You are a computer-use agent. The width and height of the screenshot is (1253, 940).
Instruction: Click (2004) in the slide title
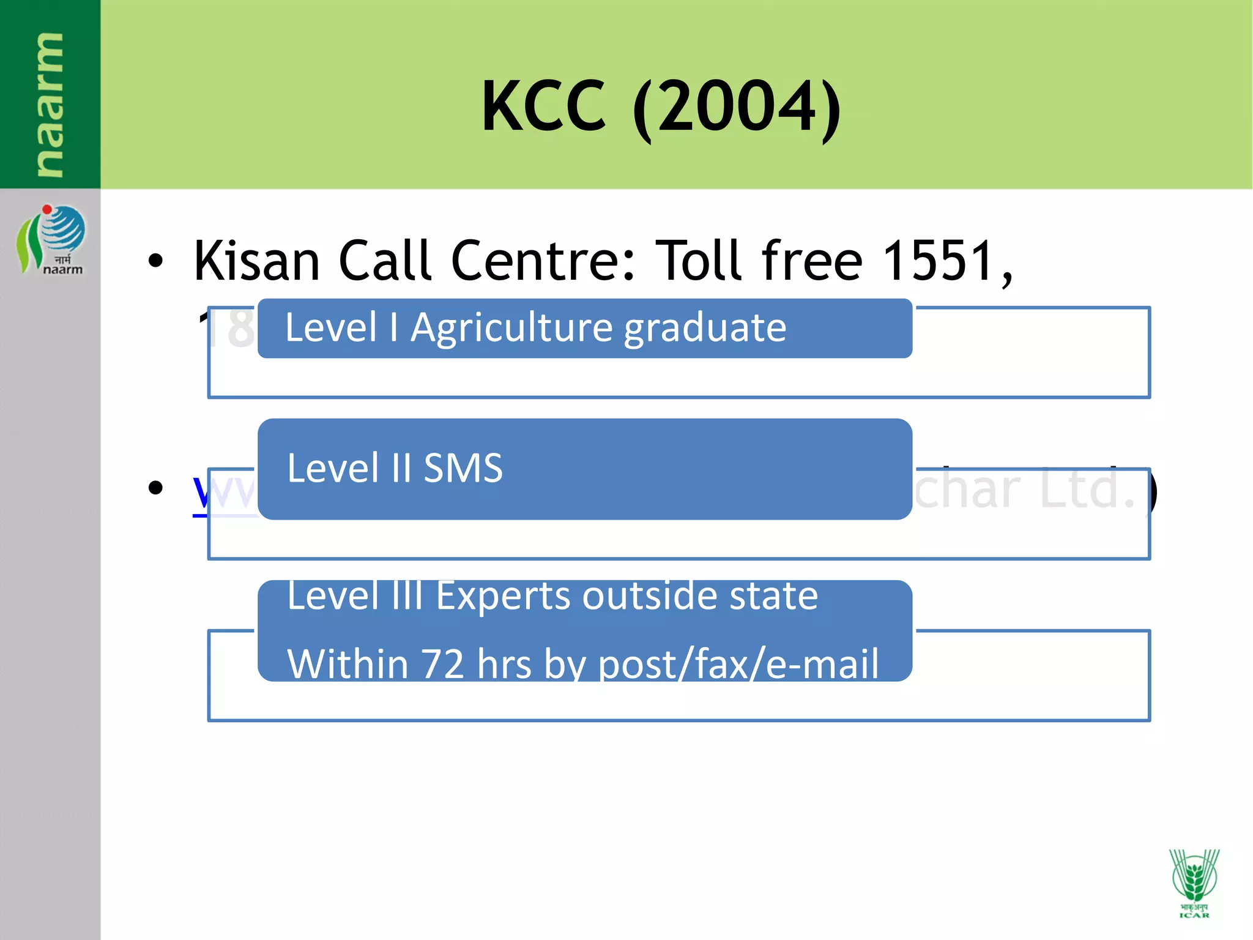pyautogui.click(x=737, y=109)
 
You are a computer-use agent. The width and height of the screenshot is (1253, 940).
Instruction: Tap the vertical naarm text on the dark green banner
pyautogui.click(x=49, y=104)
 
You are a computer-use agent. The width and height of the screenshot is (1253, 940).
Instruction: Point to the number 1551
pyautogui.click(x=939, y=261)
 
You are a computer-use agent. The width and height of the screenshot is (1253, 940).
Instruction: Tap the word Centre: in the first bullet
pyautogui.click(x=544, y=261)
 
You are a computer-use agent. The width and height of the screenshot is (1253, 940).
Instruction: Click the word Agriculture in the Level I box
pyautogui.click(x=511, y=328)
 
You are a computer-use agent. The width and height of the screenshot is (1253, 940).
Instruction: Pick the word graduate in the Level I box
pyautogui.click(x=705, y=329)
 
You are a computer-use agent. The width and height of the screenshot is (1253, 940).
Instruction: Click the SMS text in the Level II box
pyautogui.click(x=463, y=469)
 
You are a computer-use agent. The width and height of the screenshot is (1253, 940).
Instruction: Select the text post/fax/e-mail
pyautogui.click(x=738, y=665)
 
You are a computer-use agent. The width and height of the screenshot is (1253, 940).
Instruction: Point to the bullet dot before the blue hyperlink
pyautogui.click(x=156, y=488)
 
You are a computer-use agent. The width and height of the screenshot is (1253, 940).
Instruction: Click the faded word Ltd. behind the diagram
pyautogui.click(x=1088, y=490)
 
